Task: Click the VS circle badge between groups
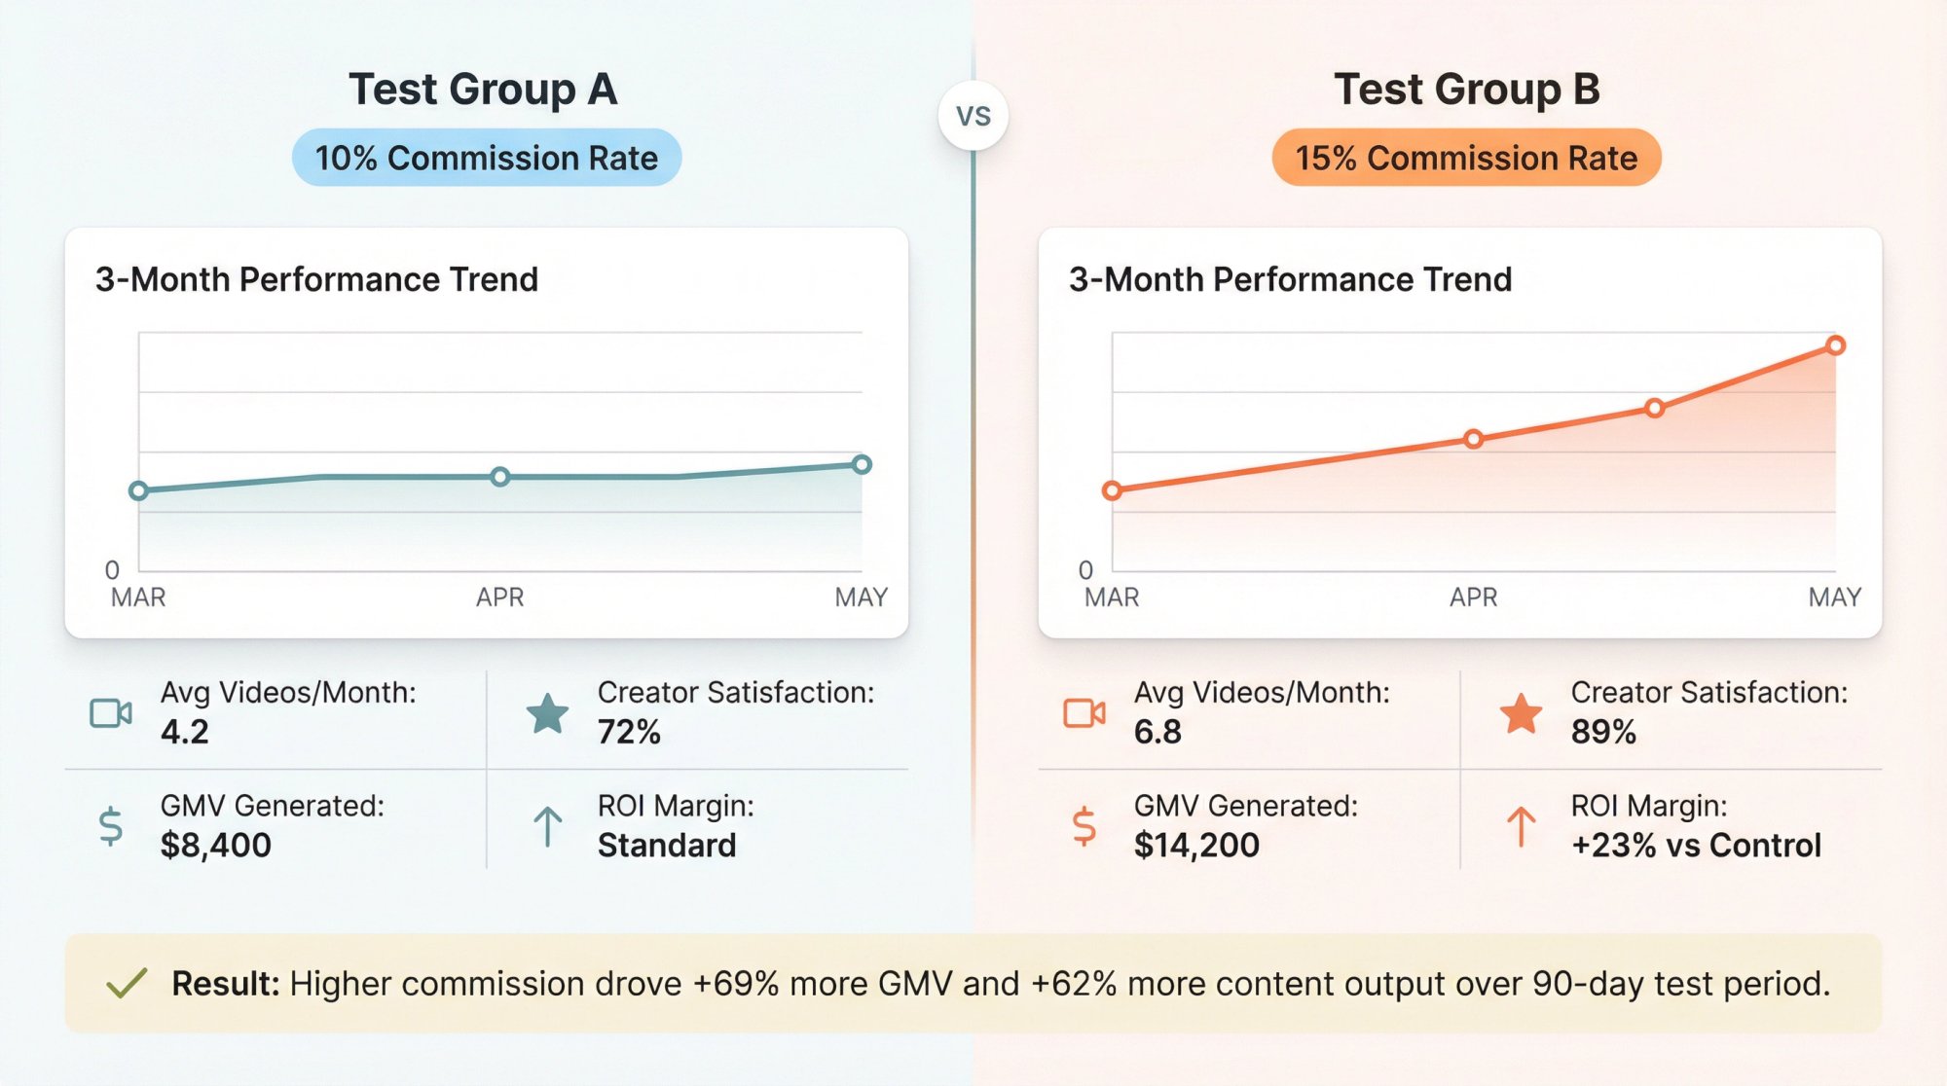pyautogui.click(x=973, y=116)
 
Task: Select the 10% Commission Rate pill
pyautogui.click(x=487, y=158)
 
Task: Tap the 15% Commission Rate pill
pyautogui.click(x=1466, y=158)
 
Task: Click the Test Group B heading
pyautogui.click(x=1466, y=90)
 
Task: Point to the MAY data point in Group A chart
pyautogui.click(x=862, y=464)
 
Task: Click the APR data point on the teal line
pyautogui.click(x=499, y=477)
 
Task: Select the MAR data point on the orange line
pyautogui.click(x=1112, y=490)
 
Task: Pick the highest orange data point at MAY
pyautogui.click(x=1835, y=345)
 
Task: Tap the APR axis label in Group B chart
pyautogui.click(x=1473, y=597)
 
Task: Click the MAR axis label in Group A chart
pyautogui.click(x=138, y=597)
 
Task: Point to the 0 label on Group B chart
pyautogui.click(x=1085, y=569)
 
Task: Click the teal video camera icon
pyautogui.click(x=111, y=713)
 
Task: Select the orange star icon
pyautogui.click(x=1521, y=713)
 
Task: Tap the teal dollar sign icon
pyautogui.click(x=111, y=826)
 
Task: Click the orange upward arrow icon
pyautogui.click(x=1521, y=827)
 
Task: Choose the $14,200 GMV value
pyautogui.click(x=1196, y=845)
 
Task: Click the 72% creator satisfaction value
pyautogui.click(x=629, y=732)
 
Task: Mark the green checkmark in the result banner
pyautogui.click(x=127, y=983)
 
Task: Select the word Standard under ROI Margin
pyautogui.click(x=667, y=845)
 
